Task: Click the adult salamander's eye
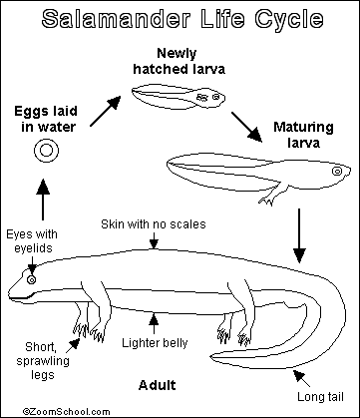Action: click(x=32, y=280)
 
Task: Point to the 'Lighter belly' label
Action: click(x=153, y=343)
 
